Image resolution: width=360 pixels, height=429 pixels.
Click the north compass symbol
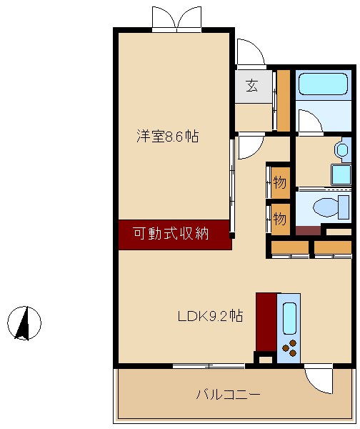[24, 322]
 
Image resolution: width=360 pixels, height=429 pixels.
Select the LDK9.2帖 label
[210, 316]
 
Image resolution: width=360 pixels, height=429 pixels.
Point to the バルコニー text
[228, 394]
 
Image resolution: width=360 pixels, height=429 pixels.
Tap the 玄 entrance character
[252, 86]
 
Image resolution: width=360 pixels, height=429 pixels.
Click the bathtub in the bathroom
[323, 84]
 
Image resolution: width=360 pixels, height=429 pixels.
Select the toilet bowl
[328, 207]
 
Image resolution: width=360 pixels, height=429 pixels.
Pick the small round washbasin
[342, 149]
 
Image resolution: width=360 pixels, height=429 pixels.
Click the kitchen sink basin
[289, 318]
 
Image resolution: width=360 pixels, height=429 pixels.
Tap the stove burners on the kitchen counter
[289, 350]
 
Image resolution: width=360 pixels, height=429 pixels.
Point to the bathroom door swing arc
[309, 122]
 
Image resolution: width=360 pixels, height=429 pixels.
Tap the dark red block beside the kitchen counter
[266, 321]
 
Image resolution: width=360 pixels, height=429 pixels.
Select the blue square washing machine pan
[341, 174]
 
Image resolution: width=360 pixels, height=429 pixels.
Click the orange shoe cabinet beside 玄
[284, 101]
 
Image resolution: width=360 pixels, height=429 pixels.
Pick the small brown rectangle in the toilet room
[309, 230]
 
